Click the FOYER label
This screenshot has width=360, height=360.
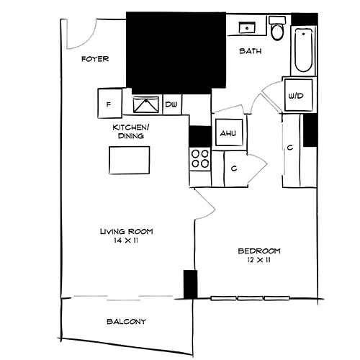coord(95,59)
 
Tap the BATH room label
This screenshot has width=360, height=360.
coord(250,52)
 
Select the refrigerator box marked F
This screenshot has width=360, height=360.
coord(109,104)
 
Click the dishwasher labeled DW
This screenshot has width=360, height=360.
coord(171,105)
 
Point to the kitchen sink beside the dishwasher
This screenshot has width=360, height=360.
coord(147,104)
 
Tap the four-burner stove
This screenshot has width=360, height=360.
coord(199,158)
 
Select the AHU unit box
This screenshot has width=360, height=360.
coord(228,133)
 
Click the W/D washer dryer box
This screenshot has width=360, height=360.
coord(294,95)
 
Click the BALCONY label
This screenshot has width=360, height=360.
coord(126,321)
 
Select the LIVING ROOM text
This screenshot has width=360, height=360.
coord(126,231)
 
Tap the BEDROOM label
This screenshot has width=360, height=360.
coord(259,251)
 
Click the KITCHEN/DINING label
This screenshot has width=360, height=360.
coord(130,132)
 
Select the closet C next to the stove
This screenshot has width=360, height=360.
coord(235,168)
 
